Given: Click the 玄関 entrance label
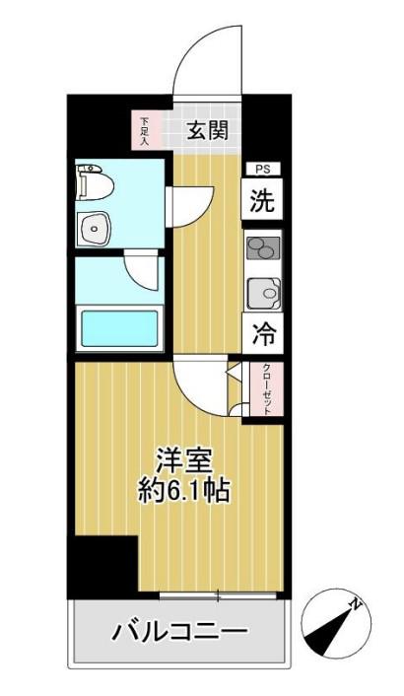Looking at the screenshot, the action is (x=208, y=130).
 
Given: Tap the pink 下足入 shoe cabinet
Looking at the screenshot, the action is (x=143, y=130).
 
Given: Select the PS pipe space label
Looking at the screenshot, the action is (x=262, y=170).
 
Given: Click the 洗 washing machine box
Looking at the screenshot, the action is (x=262, y=198).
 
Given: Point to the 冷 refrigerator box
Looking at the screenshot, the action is (x=263, y=333).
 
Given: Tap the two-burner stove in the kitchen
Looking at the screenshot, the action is (x=263, y=248).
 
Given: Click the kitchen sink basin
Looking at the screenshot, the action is (x=263, y=293).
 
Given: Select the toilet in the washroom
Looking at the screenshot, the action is (x=94, y=181).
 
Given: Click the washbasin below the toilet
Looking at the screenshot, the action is (x=93, y=229).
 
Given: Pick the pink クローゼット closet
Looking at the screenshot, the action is (x=266, y=388).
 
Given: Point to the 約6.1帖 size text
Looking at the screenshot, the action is (x=182, y=491).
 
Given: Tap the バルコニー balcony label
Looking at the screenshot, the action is (x=178, y=631).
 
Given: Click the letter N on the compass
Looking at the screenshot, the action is (x=355, y=604).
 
